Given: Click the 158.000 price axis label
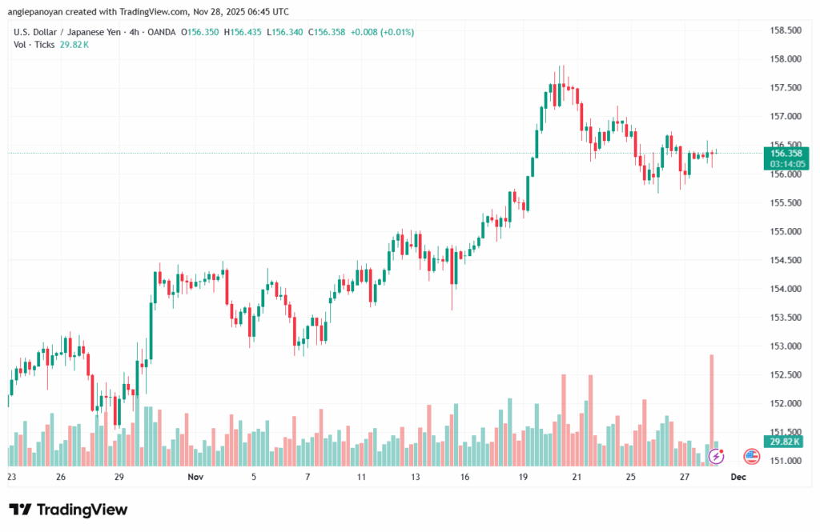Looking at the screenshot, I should [786, 59].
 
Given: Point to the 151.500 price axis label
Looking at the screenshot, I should [786, 433].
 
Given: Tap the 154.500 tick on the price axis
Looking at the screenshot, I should [786, 260].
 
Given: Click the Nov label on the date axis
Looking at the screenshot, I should [195, 476].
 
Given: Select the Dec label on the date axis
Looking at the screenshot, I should [738, 476].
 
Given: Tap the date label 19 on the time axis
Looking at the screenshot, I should [523, 476].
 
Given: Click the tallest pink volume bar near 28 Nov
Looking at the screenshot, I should [711, 408].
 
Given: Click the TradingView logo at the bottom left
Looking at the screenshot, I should [68, 510].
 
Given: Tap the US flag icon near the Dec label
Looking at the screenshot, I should [751, 457].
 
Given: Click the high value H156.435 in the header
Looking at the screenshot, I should [245, 32].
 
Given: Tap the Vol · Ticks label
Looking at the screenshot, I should [34, 45].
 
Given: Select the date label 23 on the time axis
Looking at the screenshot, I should [11, 476].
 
